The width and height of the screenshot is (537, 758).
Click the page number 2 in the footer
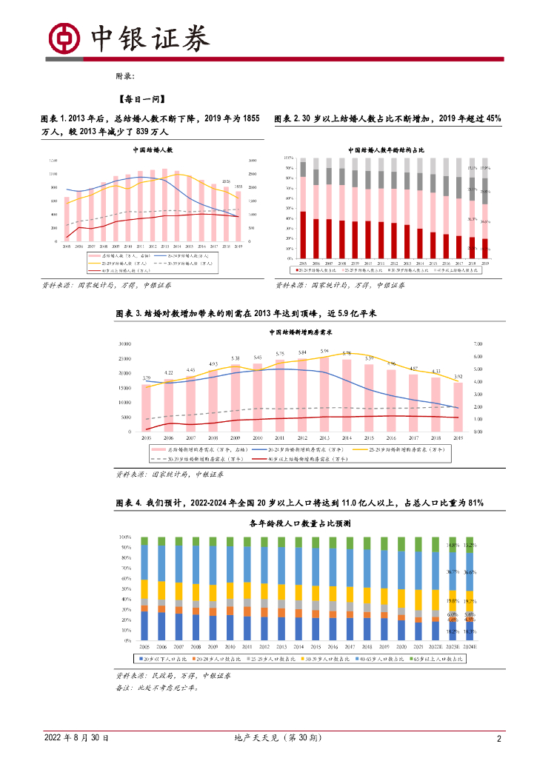[499, 738]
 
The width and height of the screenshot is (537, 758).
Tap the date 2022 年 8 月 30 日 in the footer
[76, 738]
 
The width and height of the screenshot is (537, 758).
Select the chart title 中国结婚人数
[152, 149]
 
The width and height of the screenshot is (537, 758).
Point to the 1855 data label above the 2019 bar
[239, 187]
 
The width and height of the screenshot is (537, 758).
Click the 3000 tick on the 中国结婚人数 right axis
[253, 161]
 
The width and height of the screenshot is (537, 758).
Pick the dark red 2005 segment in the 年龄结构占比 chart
[302, 235]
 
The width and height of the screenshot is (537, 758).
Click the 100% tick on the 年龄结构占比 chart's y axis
[290, 158]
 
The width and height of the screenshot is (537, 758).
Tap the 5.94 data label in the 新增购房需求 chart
[324, 351]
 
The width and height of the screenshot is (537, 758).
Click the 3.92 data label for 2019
[458, 377]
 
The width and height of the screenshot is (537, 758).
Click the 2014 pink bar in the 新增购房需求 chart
[347, 395]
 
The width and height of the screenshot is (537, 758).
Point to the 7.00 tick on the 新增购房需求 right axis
[477, 344]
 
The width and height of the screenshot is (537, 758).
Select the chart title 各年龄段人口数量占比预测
[300, 523]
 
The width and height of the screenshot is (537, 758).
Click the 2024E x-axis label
[470, 647]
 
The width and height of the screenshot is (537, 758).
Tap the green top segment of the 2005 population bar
[144, 541]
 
